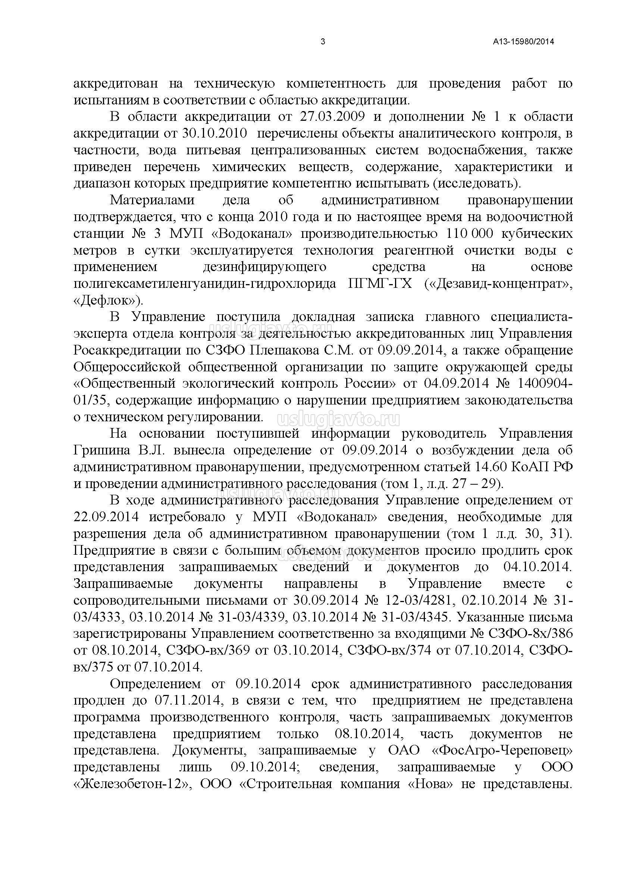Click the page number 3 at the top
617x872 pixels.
pos(323,42)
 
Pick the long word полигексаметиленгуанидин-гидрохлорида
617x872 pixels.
pos(205,284)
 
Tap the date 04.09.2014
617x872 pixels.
pos(456,384)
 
